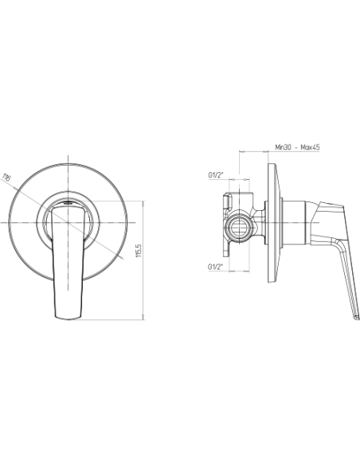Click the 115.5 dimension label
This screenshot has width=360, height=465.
[139, 250]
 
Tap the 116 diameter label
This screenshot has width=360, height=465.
[6, 178]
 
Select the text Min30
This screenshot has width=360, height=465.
[283, 147]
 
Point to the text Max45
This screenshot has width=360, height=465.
[310, 147]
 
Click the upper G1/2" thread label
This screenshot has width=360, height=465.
[215, 175]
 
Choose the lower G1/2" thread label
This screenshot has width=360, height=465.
[215, 267]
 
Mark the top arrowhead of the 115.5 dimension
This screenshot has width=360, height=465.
[143, 203]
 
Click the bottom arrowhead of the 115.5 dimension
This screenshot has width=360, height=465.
[143, 318]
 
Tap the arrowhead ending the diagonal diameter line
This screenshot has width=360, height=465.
[123, 258]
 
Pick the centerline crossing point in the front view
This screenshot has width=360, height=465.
[68, 222]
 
